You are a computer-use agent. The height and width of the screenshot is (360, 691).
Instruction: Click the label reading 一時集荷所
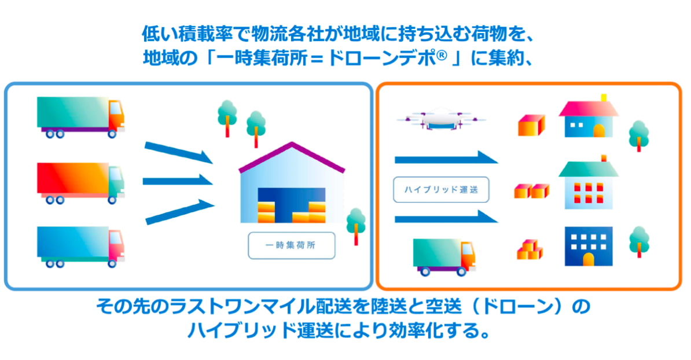(x=291, y=245)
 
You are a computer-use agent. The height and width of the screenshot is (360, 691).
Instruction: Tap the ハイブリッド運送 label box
(x=440, y=190)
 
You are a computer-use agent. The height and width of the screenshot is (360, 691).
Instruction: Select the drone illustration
(x=440, y=119)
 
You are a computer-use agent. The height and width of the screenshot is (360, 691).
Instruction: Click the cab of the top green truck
(x=116, y=115)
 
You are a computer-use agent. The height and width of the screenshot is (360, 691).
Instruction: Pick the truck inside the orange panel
(x=444, y=257)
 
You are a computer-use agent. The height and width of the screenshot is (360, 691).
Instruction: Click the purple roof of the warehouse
(x=291, y=157)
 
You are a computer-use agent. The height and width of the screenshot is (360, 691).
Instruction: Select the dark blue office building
(x=589, y=247)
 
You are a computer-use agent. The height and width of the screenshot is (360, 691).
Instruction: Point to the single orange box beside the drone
(x=531, y=125)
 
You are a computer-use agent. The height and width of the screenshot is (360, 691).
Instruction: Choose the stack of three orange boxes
(x=530, y=250)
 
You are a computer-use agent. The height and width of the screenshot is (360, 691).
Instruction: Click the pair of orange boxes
(x=531, y=191)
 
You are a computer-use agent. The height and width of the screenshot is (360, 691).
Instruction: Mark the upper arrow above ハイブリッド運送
(x=446, y=158)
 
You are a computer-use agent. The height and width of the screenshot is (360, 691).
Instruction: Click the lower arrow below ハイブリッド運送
(x=446, y=217)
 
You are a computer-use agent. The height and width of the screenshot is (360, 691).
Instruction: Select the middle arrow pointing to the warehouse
(x=178, y=181)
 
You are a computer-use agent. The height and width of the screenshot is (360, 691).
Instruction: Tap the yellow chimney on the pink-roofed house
(x=604, y=98)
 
